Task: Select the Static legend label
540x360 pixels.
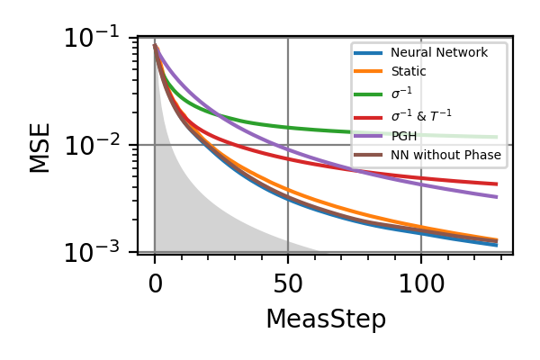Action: (409, 71)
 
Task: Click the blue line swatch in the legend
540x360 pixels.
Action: (370, 53)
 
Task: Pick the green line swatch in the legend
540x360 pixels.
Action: (370, 92)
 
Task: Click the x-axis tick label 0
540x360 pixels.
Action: (155, 284)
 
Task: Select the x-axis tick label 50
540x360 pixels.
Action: (288, 284)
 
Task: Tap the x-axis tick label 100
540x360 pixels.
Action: (421, 284)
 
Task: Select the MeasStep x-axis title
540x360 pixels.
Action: (325, 319)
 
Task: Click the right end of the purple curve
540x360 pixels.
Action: (497, 196)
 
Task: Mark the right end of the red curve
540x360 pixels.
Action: (497, 184)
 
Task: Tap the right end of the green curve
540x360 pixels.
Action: (497, 137)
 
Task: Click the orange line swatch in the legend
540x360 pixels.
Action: (370, 71)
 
